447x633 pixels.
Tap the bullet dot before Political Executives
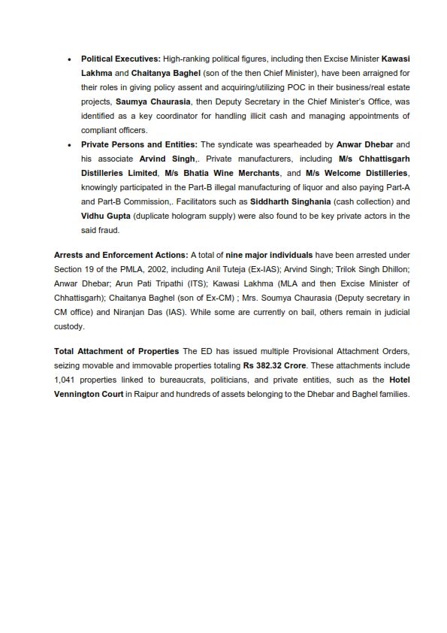pyautogui.click(x=69, y=58)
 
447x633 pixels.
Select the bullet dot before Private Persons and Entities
pyautogui.click(x=69, y=144)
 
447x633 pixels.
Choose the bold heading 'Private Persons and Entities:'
pyautogui.click(x=140, y=144)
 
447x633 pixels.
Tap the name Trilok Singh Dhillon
pyautogui.click(x=367, y=269)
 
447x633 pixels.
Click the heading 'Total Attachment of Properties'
pyautogui.click(x=116, y=351)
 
